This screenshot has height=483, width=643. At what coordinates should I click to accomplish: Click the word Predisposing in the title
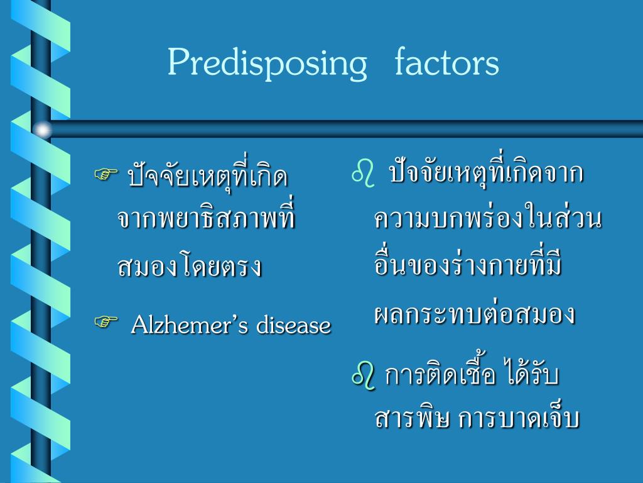tap(267, 64)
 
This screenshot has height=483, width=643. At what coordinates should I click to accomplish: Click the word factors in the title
tap(447, 63)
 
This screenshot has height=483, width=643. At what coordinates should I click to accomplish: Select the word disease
tap(293, 326)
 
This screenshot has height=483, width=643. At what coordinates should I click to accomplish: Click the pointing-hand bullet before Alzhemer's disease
tap(107, 323)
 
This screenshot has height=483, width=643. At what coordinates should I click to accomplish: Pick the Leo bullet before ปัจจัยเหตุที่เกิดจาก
tap(363, 172)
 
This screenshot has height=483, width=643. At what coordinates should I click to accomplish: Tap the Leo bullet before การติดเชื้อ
tap(364, 376)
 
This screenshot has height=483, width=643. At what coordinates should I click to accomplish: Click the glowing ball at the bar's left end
tap(42, 130)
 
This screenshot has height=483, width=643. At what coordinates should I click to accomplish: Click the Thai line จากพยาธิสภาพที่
tap(206, 219)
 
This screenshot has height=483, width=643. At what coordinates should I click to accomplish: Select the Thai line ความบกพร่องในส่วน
tap(488, 219)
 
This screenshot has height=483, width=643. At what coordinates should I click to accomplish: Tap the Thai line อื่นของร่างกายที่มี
tap(468, 265)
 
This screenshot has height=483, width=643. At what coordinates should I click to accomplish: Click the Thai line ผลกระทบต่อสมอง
tap(475, 313)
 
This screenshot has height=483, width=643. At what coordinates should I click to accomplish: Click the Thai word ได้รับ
tap(532, 376)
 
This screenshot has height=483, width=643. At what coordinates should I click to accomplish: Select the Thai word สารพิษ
tap(412, 419)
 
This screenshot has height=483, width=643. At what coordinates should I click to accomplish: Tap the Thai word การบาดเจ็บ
tap(519, 419)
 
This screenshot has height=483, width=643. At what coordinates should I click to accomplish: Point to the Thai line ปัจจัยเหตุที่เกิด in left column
tap(208, 176)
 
